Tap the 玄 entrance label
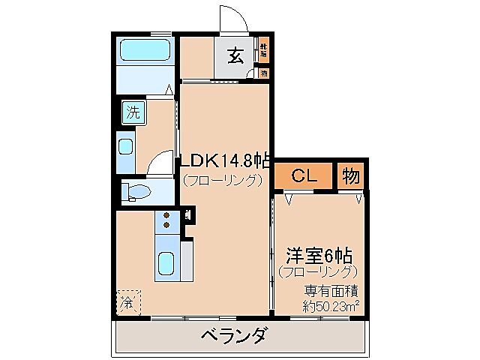click(234, 56)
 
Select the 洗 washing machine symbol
click(133, 114)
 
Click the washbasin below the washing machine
click(126, 147)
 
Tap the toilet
click(138, 190)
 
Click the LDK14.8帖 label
click(223, 160)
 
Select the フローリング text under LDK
click(223, 180)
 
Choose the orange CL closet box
click(303, 177)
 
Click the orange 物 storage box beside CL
click(350, 177)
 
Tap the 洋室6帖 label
click(319, 253)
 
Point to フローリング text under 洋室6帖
click(318, 271)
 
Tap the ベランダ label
click(232, 335)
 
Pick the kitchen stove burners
click(166, 222)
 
